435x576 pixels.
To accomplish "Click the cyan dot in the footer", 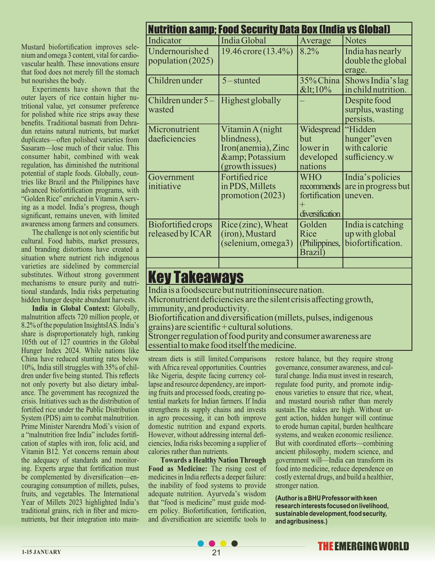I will tap(201, 543).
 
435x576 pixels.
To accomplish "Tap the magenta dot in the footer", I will tap(212, 543).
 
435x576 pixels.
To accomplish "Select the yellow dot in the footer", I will tap(223, 543).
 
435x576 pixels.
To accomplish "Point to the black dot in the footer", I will tap(234, 543).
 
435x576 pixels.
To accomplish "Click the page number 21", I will tap(216, 552).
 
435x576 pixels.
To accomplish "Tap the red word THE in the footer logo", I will tap(325, 546).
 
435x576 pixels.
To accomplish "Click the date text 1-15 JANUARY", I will tap(41, 552).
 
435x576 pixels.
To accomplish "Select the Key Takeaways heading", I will tap(196, 277).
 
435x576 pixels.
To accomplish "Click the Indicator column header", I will tap(165, 41).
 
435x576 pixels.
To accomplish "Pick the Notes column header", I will tap(355, 41).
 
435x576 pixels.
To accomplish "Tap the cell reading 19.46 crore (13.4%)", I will tap(257, 51).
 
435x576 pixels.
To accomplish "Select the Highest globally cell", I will tap(251, 100).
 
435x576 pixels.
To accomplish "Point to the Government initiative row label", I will tap(171, 182).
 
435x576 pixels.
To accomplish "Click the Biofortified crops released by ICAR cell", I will tap(180, 229).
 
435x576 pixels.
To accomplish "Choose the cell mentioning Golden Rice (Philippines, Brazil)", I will tap(320, 238).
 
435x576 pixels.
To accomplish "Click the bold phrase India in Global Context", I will tap(71, 308).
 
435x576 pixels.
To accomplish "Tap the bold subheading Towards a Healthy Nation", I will tap(213, 460).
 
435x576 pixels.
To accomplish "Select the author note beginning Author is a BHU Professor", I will tap(331, 509).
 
